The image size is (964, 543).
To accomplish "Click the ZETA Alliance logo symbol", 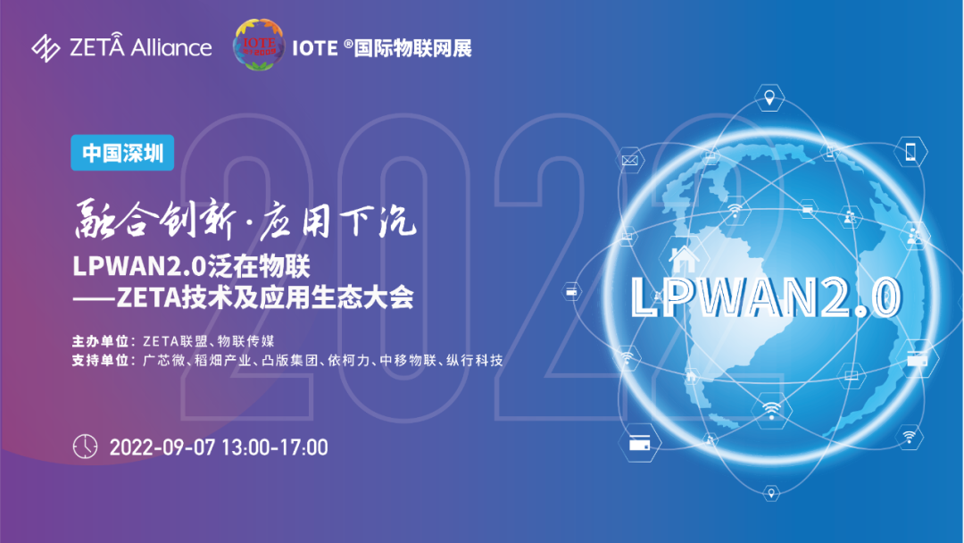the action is click(46, 48).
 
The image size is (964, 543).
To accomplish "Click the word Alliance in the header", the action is click(171, 47).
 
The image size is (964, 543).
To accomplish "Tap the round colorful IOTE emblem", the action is click(259, 45).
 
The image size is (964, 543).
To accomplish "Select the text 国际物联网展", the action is click(413, 48).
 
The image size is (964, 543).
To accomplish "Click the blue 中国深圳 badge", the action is click(122, 153).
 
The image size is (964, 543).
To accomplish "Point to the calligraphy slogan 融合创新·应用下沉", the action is click(245, 220).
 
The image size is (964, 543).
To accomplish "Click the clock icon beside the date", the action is click(85, 447).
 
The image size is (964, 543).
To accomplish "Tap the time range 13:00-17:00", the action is click(274, 447).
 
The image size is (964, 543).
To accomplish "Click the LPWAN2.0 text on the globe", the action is click(767, 297).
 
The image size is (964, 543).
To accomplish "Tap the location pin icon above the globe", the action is click(769, 97).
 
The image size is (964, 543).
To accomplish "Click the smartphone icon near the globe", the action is click(910, 151).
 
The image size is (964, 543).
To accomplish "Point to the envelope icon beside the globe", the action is click(629, 161).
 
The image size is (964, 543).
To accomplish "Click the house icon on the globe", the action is click(684, 259).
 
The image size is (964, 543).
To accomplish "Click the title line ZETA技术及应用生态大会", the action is click(265, 297).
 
